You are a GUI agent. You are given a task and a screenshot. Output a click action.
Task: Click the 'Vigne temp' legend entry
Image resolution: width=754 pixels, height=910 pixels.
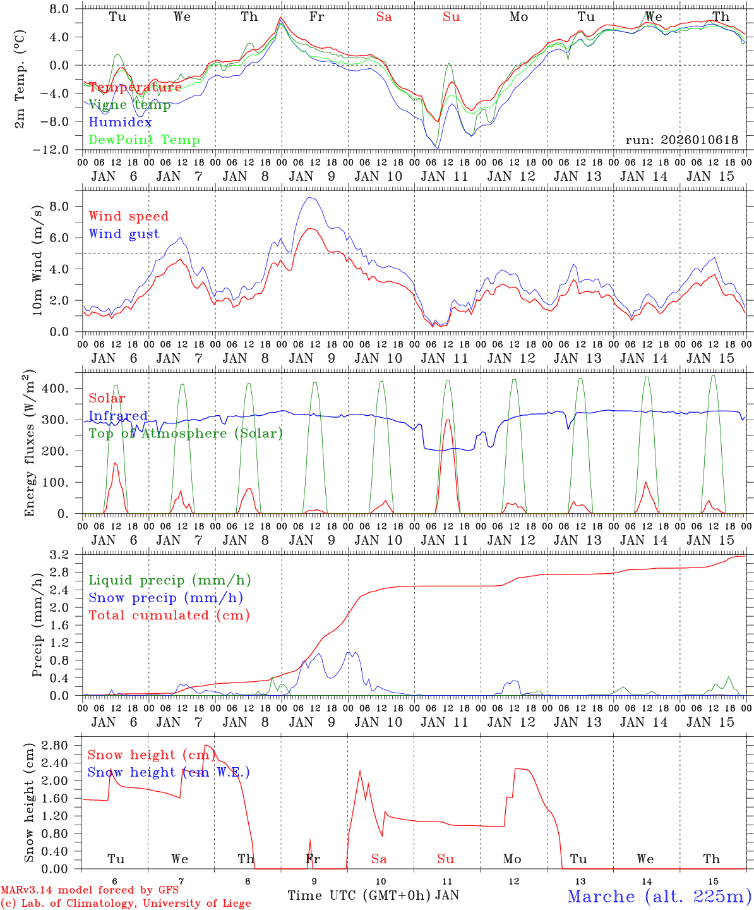pos(129,105)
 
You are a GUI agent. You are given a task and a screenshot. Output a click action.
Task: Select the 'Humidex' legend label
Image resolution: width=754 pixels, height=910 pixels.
pos(120,123)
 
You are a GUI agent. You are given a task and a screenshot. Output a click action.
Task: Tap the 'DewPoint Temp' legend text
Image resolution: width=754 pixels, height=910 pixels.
pos(144,140)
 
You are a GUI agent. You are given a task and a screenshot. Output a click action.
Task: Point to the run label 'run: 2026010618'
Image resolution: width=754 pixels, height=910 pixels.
pos(681,140)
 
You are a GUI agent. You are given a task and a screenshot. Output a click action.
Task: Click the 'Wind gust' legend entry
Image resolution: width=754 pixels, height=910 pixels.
pos(124,234)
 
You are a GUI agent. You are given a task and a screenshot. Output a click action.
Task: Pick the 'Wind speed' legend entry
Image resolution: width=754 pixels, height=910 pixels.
pos(129,216)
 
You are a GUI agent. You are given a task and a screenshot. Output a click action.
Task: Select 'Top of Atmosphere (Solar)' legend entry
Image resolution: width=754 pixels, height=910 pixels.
pos(186,434)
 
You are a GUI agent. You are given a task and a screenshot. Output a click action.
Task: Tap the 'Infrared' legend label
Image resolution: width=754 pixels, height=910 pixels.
pos(118,416)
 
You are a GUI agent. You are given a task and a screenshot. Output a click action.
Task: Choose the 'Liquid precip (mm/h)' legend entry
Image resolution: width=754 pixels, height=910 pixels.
pos(169,580)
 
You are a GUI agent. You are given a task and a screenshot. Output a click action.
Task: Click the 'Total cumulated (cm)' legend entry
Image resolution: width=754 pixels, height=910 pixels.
pos(169,615)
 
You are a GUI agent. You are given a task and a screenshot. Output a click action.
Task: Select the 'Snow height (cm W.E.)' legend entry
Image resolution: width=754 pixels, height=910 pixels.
pos(169,772)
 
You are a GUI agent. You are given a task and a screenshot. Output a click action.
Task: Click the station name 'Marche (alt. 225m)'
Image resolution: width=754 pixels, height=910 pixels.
pos(659,896)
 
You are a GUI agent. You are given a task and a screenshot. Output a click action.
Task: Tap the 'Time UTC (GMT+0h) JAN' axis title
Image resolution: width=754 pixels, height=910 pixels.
pos(373,895)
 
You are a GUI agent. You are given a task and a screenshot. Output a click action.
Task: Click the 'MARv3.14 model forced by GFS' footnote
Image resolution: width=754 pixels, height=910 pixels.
pos(90,890)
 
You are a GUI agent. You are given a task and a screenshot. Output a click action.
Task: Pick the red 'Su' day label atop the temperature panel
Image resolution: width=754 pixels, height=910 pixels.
pos(451,17)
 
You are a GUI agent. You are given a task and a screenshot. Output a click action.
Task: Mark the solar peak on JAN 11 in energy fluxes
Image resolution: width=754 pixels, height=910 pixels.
pos(448,420)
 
